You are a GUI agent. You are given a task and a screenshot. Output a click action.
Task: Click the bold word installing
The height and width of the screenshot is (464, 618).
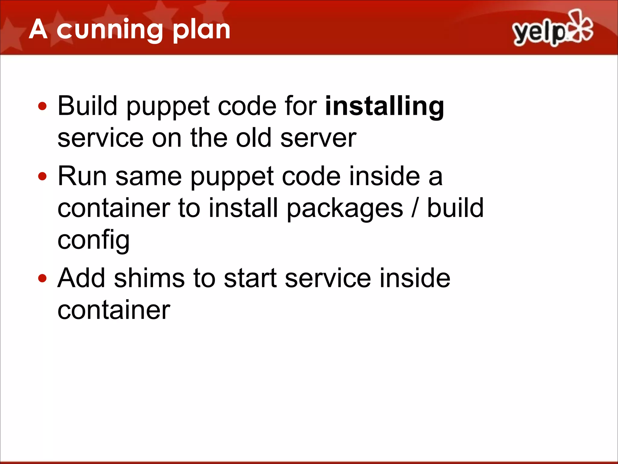pos(384,106)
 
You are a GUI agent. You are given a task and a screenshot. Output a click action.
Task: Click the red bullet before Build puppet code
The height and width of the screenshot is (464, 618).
pos(43,106)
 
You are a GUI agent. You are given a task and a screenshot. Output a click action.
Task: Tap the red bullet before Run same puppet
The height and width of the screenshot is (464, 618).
pos(43,176)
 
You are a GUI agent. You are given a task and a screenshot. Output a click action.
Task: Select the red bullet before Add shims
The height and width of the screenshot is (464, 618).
pos(43,278)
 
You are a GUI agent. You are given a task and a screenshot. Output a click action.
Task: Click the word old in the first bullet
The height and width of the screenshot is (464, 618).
pos(253,138)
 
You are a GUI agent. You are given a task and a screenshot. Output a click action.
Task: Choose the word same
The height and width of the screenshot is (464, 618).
pos(148,177)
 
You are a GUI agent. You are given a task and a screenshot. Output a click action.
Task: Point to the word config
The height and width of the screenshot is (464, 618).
pos(94,241)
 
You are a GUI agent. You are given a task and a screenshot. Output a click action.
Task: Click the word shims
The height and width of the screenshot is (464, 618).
pos(149,278)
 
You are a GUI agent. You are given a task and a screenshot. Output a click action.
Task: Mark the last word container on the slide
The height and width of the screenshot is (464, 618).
pos(114,310)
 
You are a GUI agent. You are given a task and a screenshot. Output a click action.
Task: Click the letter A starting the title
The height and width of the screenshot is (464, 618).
pos(38,30)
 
